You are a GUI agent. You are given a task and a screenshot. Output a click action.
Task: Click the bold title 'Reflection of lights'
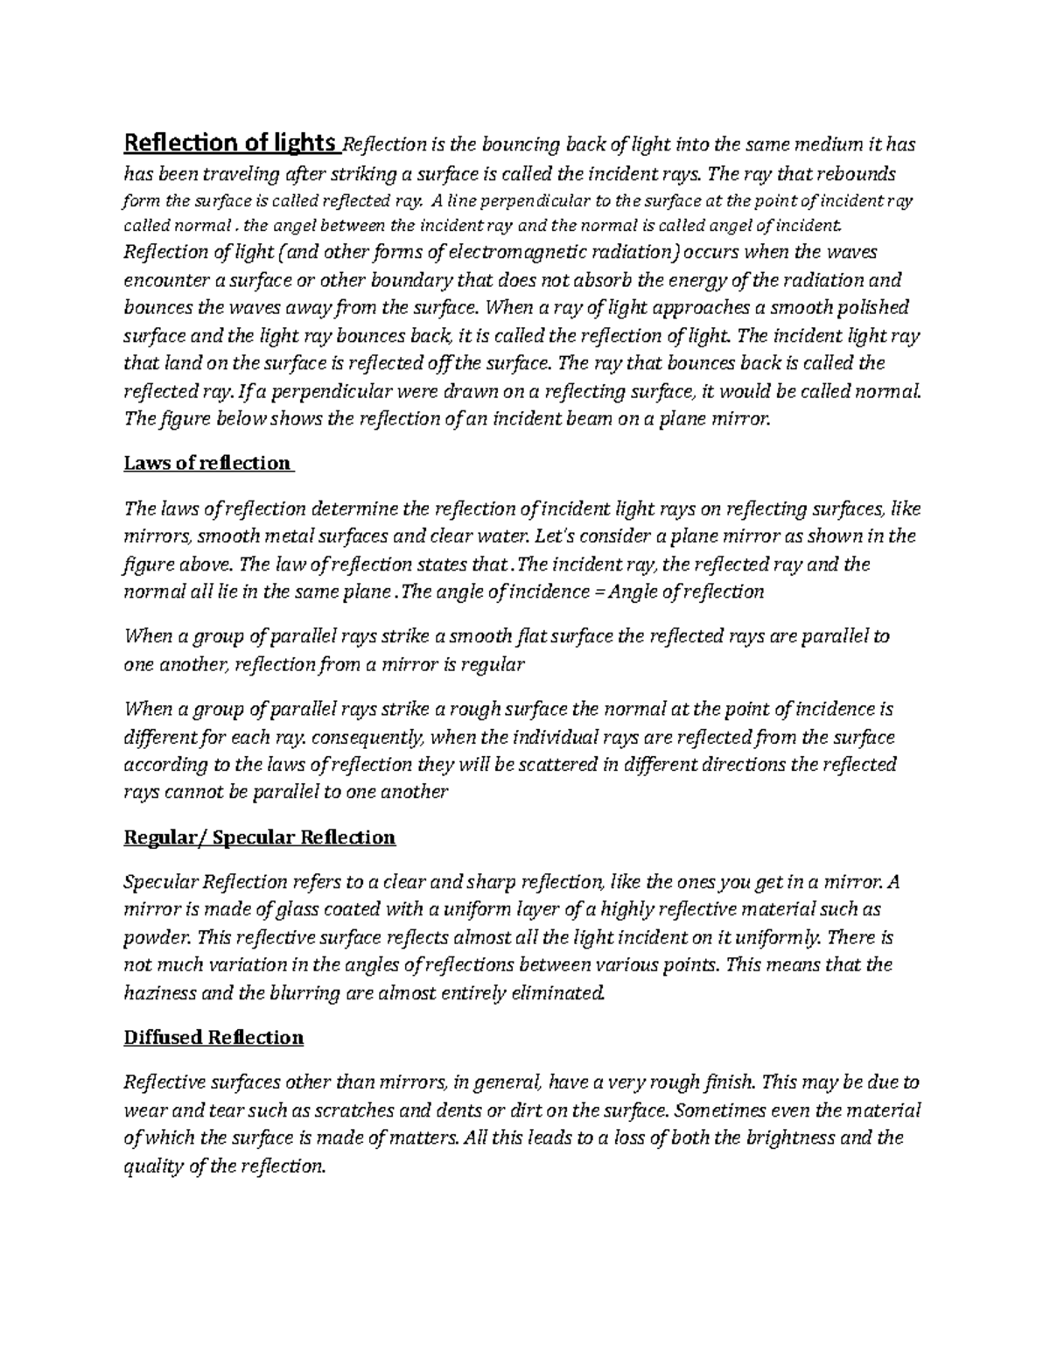[x=230, y=143]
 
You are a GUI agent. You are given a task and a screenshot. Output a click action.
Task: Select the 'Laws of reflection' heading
[x=208, y=463]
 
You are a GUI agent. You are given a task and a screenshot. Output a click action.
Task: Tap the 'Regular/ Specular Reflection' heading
[x=260, y=837]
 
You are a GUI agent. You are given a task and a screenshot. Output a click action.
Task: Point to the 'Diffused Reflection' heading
[x=213, y=1037]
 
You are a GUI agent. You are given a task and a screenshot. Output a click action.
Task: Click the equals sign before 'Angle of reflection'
[x=596, y=592]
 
